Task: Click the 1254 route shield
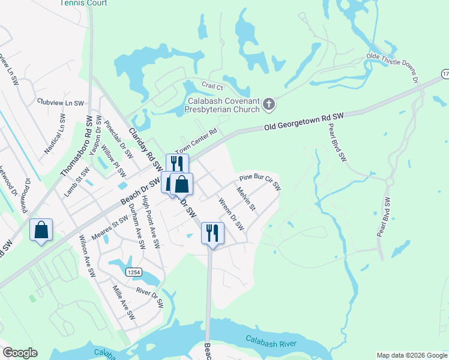coord(134,272)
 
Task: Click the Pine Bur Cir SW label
coord(260,182)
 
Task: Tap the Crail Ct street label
coord(212,86)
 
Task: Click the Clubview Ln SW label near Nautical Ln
coord(60,103)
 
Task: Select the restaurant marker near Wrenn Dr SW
coord(212,233)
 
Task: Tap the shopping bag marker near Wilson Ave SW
coord(41,230)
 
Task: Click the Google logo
coord(20,353)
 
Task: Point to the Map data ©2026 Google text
coord(412,355)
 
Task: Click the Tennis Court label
coord(83,3)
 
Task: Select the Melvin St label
coord(246,199)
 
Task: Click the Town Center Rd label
coord(195,142)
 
